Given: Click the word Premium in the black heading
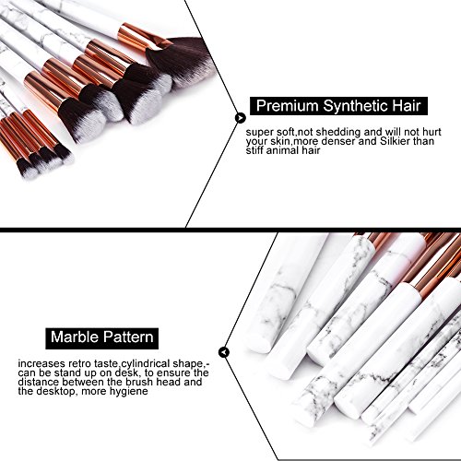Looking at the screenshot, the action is [x=288, y=106].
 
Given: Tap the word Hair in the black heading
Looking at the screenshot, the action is [x=406, y=106].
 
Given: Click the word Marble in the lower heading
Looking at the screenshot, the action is [x=75, y=337].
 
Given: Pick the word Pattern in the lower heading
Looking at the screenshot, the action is [x=128, y=337].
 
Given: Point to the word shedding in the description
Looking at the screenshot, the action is [x=338, y=132].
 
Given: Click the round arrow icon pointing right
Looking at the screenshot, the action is [x=241, y=117].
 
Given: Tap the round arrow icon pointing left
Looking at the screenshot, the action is [x=224, y=352].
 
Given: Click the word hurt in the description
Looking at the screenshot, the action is [x=431, y=132].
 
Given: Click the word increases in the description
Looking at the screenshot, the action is [x=41, y=364].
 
